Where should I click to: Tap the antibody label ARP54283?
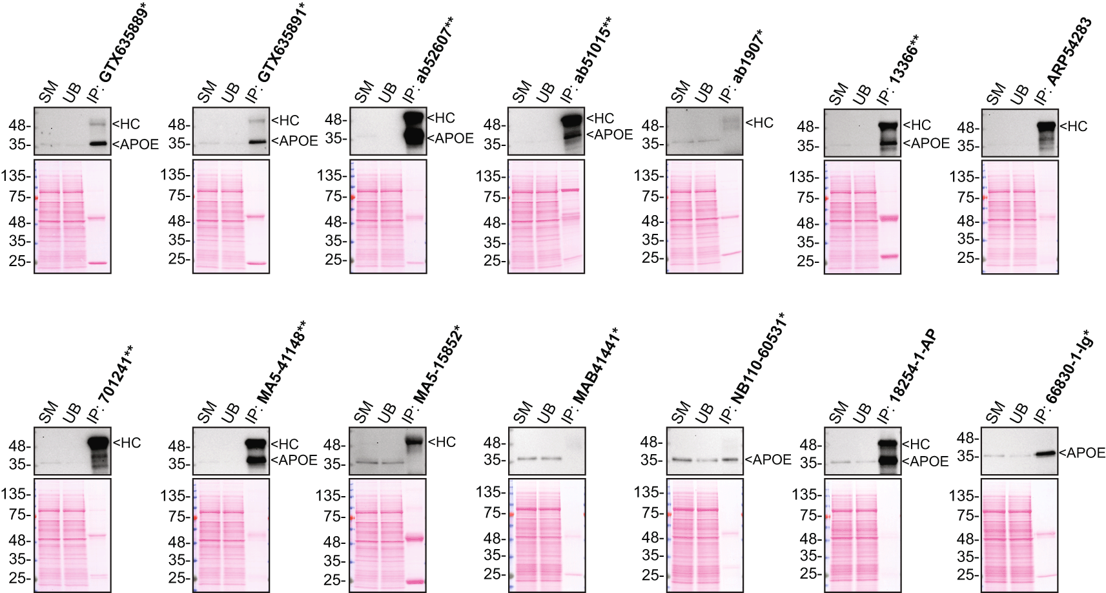1069,52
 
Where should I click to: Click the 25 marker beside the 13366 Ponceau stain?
807,261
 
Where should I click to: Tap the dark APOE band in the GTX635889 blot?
97,144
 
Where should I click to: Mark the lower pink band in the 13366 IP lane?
889,256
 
